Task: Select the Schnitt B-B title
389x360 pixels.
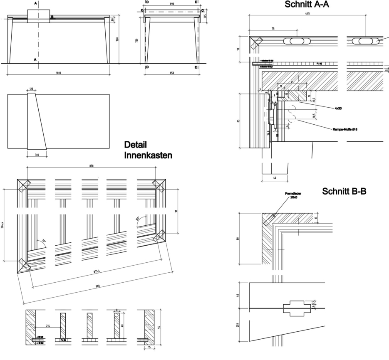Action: click(344, 192)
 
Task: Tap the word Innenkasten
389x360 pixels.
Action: click(148, 155)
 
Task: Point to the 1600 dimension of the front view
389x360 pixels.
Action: click(58, 73)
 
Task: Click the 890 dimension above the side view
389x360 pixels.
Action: click(172, 4)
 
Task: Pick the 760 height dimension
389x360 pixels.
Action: click(117, 39)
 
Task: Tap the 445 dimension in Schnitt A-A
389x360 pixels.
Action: click(307, 13)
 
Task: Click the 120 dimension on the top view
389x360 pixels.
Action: click(31, 89)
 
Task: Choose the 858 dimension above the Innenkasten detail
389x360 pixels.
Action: click(91, 165)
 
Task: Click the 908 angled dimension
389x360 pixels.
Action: click(97, 286)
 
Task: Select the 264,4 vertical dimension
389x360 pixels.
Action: click(3, 227)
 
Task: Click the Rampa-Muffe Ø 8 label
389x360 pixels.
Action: click(345, 129)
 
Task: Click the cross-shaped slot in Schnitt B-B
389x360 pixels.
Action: click(297, 308)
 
